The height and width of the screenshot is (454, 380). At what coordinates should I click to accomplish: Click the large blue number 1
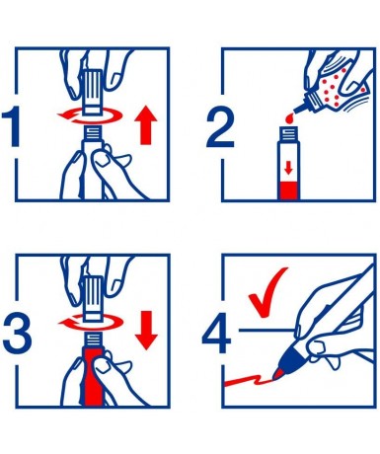(x=13, y=127)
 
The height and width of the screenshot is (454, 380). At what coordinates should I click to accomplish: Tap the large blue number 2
(x=220, y=128)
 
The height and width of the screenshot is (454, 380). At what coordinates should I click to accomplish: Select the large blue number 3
(x=18, y=334)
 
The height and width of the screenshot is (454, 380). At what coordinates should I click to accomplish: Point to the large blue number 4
(x=217, y=333)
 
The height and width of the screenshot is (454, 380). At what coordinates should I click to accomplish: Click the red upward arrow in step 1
(x=146, y=126)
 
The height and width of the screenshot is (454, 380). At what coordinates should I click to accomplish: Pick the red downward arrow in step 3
(x=146, y=331)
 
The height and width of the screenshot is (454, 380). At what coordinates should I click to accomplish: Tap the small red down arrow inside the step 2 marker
(x=288, y=169)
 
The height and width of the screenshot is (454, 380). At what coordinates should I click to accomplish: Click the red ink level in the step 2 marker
(x=289, y=190)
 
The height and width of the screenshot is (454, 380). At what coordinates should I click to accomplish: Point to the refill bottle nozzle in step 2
(x=300, y=107)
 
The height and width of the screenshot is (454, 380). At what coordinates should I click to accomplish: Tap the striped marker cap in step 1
(x=93, y=91)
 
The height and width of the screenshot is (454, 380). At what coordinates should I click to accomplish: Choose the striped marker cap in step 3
(x=93, y=298)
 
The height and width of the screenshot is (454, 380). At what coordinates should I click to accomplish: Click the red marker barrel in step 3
(x=93, y=378)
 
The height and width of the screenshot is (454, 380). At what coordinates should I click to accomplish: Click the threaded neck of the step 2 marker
(x=289, y=134)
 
